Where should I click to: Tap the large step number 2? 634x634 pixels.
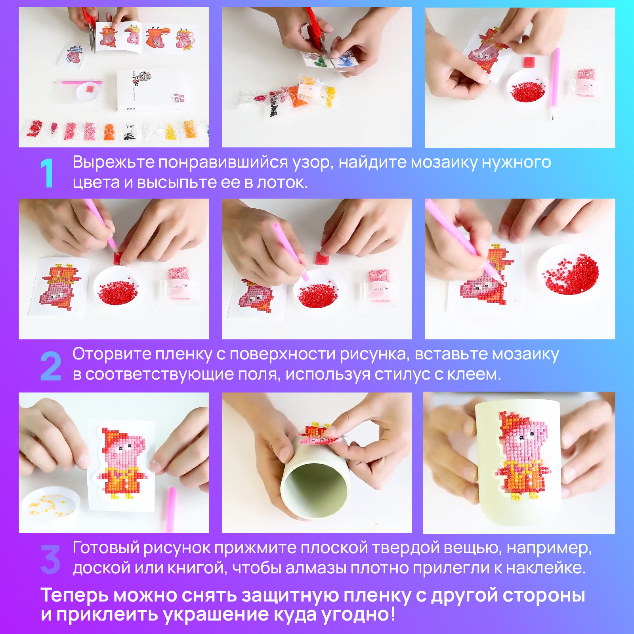(51, 366)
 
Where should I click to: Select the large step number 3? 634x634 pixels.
(50, 559)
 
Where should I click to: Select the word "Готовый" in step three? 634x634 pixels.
(106, 548)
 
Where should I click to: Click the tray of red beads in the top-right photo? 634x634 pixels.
(527, 88)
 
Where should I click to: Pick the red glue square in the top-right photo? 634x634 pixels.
(529, 62)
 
